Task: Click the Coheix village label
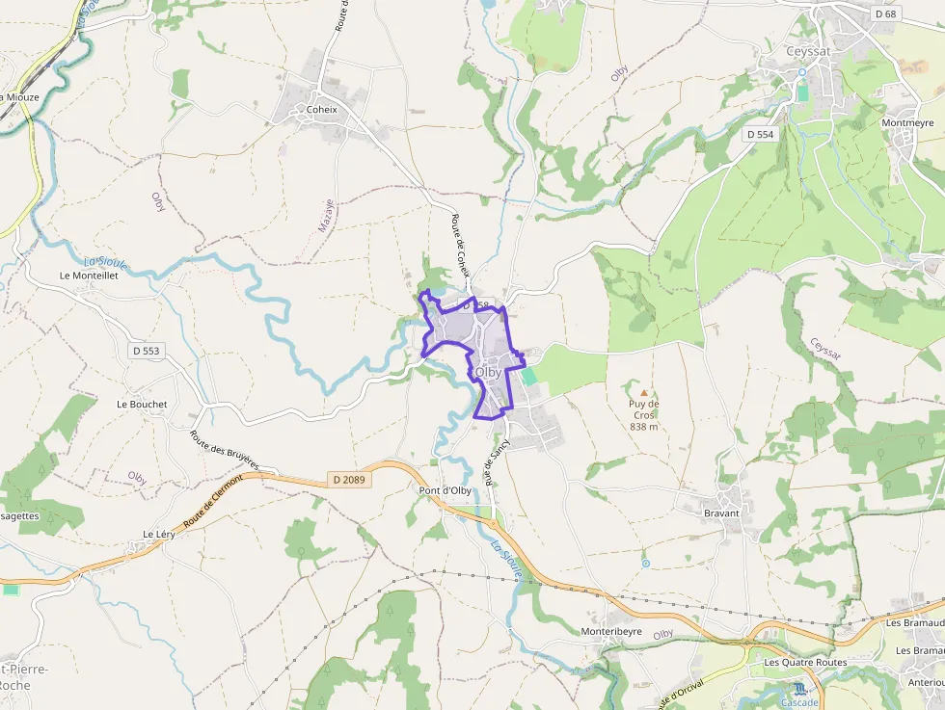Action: coord(321,109)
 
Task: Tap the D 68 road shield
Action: coord(885,13)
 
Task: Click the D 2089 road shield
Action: coord(348,479)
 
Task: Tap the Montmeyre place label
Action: coord(907,123)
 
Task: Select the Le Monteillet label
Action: coord(89,275)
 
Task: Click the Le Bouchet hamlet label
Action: coord(142,405)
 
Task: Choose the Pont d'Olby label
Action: coord(445,490)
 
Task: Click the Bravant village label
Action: coord(721,513)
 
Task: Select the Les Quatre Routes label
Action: coord(805,663)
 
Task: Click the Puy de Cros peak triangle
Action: coord(644,393)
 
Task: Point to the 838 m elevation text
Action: coord(643,426)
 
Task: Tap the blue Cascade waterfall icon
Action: coord(799,689)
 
